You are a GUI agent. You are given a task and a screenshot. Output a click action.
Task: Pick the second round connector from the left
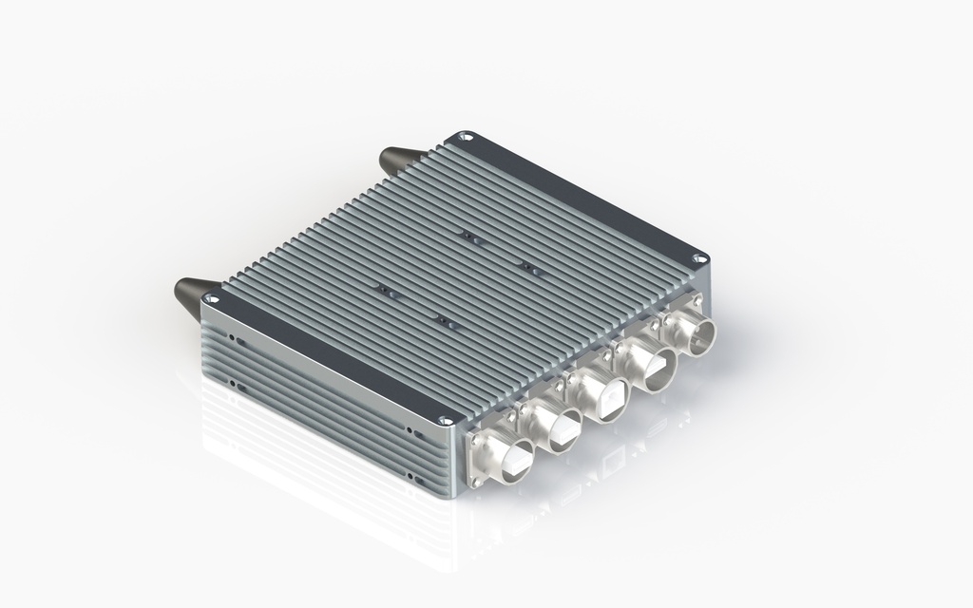tap(560, 428)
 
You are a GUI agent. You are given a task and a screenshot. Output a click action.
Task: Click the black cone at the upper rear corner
tap(396, 159)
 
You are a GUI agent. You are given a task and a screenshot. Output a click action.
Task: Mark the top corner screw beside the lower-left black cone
tap(210, 298)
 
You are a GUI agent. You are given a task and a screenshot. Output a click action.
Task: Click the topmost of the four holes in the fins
tap(467, 235)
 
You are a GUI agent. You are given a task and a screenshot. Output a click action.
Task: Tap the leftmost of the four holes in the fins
tap(383, 289)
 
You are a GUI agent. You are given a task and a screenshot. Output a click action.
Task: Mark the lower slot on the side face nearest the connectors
tap(410, 476)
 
